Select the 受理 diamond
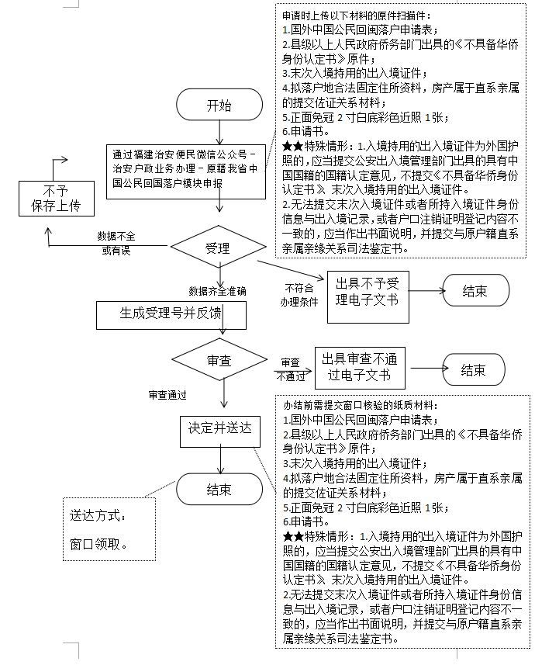click(x=218, y=248)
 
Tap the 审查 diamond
click(x=218, y=361)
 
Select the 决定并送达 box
click(x=220, y=428)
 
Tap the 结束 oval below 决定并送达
click(x=219, y=489)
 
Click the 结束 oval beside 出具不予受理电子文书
click(x=475, y=291)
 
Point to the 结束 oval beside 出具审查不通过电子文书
click(x=473, y=369)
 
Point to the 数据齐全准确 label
click(x=217, y=291)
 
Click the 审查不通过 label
click(x=290, y=369)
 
